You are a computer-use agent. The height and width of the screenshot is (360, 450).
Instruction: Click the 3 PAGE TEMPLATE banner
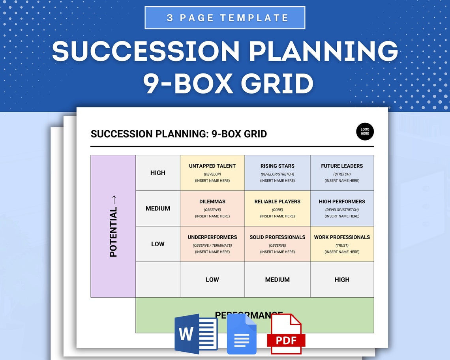click(x=225, y=18)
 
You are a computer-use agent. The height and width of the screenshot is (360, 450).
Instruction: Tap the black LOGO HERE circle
click(x=365, y=131)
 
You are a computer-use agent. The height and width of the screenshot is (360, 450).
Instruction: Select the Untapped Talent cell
click(x=212, y=173)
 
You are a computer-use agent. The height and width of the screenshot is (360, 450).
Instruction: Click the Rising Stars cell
click(x=277, y=173)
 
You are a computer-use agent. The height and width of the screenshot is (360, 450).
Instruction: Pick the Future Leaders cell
click(x=342, y=173)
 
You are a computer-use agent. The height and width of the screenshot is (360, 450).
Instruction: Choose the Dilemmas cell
click(x=212, y=208)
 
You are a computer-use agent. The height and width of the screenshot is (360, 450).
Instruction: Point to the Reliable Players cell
click(x=277, y=208)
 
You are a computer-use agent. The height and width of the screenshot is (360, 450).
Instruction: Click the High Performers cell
click(x=342, y=208)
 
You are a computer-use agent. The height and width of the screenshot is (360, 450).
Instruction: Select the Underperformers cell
click(x=212, y=244)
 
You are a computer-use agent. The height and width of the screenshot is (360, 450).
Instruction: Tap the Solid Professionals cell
click(x=277, y=244)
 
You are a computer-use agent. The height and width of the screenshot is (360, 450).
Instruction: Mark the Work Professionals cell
click(x=342, y=244)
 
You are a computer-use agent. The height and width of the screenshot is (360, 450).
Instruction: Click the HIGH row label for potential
click(x=158, y=173)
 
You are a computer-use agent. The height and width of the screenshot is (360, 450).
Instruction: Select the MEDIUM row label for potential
click(x=158, y=208)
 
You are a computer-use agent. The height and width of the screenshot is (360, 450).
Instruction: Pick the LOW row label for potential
click(x=158, y=244)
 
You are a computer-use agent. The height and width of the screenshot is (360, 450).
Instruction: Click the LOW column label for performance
click(x=212, y=279)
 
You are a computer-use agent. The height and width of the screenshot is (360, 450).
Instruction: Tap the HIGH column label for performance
click(x=342, y=279)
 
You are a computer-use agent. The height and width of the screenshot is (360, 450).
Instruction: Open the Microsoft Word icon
click(x=196, y=334)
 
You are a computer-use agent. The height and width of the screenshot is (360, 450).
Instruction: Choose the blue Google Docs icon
click(x=242, y=334)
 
